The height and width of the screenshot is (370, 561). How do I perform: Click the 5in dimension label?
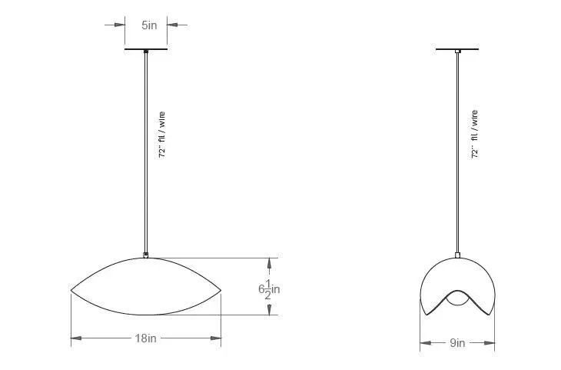point(149,25)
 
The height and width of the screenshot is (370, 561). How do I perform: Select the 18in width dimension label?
point(145,338)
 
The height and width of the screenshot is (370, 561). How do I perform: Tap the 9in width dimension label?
point(457,343)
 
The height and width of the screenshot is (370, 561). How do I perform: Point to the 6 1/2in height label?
point(269,288)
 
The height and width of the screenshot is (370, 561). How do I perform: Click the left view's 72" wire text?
point(161,135)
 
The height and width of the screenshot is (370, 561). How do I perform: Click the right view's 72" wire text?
point(475,135)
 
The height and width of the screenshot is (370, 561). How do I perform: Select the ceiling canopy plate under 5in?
point(146,49)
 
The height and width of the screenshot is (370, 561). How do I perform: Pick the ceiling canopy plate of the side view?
point(457,49)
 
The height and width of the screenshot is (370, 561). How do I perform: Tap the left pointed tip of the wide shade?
point(71,290)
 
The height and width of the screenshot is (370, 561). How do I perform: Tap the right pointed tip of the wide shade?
point(221,290)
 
